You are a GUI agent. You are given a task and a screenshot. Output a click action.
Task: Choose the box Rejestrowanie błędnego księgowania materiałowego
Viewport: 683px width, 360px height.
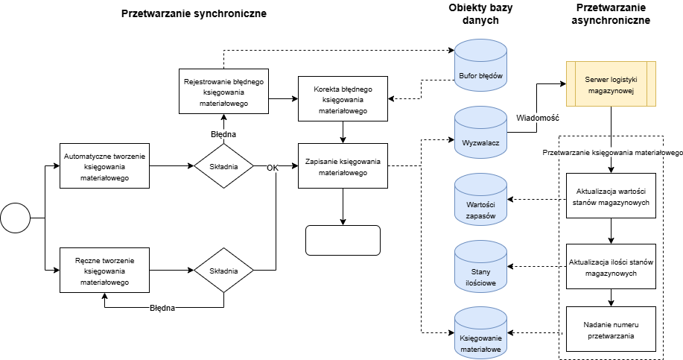[224, 91]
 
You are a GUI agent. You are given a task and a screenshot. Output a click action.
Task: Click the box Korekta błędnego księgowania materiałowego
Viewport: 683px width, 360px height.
[343, 98]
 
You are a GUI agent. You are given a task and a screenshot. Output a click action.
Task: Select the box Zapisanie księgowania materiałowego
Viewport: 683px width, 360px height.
[343, 165]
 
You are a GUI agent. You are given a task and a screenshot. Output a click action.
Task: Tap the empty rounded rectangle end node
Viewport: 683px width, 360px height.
[343, 240]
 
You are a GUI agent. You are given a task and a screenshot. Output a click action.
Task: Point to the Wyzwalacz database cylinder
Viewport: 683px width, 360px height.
[480, 133]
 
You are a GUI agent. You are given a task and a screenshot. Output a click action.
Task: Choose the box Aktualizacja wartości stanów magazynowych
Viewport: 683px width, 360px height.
[611, 196]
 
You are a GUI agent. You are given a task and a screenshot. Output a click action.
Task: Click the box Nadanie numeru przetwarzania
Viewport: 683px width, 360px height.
[611, 329]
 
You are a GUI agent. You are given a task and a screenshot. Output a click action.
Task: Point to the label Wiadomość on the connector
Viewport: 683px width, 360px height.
[538, 118]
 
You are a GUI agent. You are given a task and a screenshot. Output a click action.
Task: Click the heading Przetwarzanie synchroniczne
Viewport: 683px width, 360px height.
[194, 14]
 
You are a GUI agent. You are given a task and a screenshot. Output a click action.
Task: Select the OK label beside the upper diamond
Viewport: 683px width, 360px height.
[273, 168]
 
